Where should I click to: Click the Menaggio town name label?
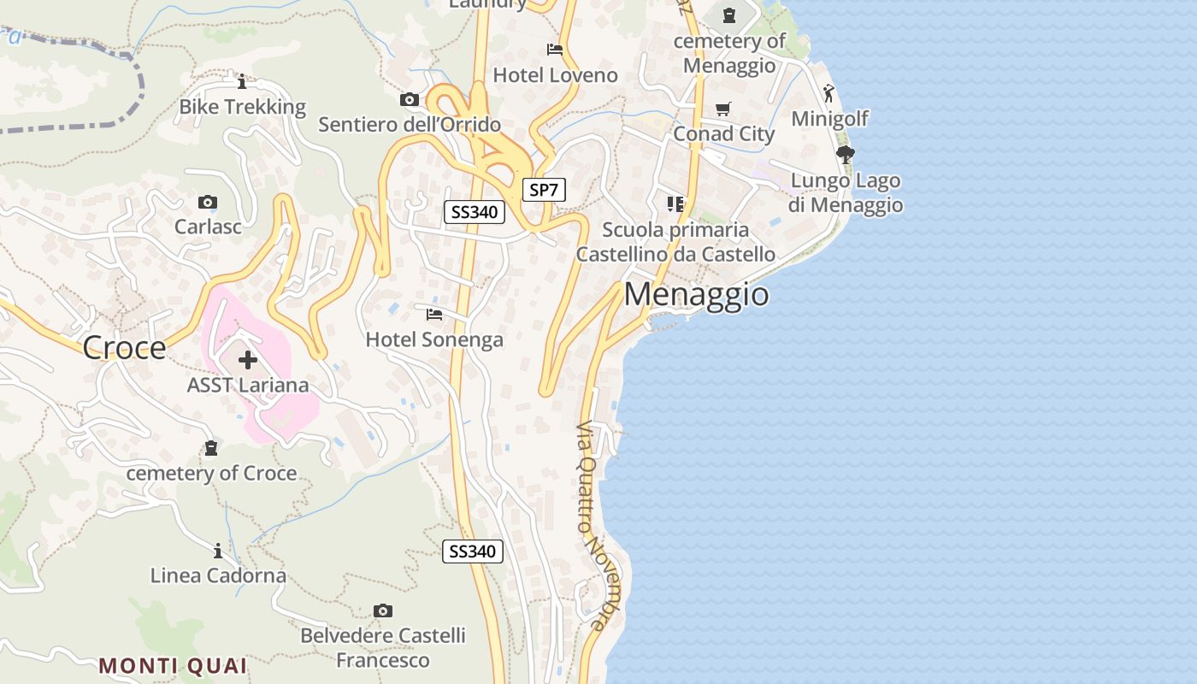pyautogui.click(x=696, y=294)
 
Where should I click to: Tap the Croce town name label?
pyautogui.click(x=125, y=348)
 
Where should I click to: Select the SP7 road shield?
pyautogui.click(x=544, y=190)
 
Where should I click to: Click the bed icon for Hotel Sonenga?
pyautogui.click(x=434, y=315)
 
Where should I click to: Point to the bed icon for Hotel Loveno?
pyautogui.click(x=555, y=50)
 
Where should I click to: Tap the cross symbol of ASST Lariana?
pyautogui.click(x=248, y=360)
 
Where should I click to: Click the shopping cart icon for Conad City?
pyautogui.click(x=723, y=109)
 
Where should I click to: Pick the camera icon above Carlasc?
pyautogui.click(x=207, y=203)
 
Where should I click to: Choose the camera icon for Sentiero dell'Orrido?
pyautogui.click(x=410, y=99)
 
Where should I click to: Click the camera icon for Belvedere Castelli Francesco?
pyautogui.click(x=383, y=610)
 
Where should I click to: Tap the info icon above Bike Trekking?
pyautogui.click(x=242, y=81)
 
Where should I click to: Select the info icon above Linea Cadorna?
pyautogui.click(x=218, y=551)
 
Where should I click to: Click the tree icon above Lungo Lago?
pyautogui.click(x=846, y=155)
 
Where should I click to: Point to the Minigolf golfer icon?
pyautogui.click(x=828, y=93)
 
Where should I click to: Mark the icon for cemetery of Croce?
pyautogui.click(x=211, y=448)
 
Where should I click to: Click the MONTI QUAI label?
pyautogui.click(x=173, y=665)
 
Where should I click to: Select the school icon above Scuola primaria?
pyautogui.click(x=675, y=204)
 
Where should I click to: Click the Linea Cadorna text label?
pyautogui.click(x=218, y=575)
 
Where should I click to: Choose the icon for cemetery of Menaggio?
pyautogui.click(x=729, y=15)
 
